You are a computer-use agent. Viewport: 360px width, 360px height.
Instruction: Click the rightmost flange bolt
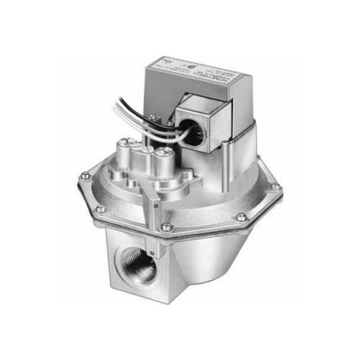tap(275, 187)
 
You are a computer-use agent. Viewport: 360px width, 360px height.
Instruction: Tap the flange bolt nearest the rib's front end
tap(166, 226)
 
